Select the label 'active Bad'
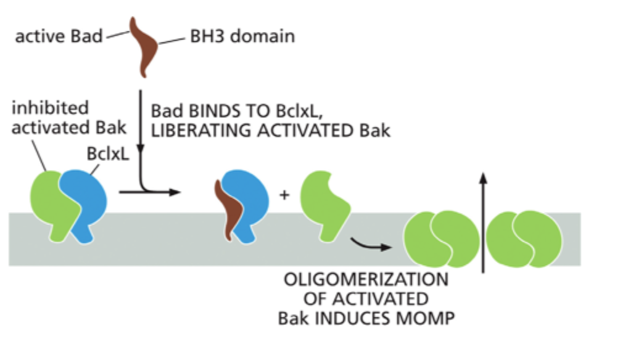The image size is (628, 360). (x=59, y=36)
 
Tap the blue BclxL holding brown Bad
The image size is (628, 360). (x=249, y=197)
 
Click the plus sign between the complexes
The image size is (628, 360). (x=284, y=195)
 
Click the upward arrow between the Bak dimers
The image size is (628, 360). (x=484, y=222)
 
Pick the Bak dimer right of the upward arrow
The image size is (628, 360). (x=524, y=239)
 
